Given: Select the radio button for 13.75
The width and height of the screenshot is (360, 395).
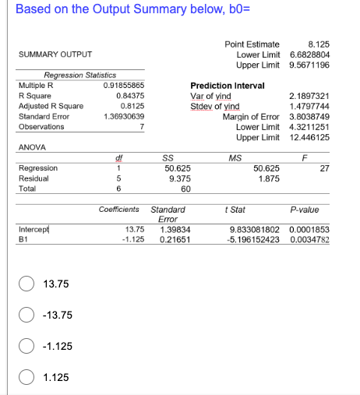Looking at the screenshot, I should tap(26, 284).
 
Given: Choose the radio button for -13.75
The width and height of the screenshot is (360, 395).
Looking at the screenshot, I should tap(26, 315).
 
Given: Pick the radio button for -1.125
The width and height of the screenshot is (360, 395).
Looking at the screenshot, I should tap(26, 346).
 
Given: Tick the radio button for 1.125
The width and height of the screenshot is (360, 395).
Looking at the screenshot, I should tap(26, 377).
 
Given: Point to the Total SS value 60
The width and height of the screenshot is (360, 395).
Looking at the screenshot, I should tap(185, 188).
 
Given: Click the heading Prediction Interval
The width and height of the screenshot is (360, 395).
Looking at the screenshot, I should tap(228, 85).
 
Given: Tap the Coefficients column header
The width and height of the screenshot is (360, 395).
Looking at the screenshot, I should tap(119, 210).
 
